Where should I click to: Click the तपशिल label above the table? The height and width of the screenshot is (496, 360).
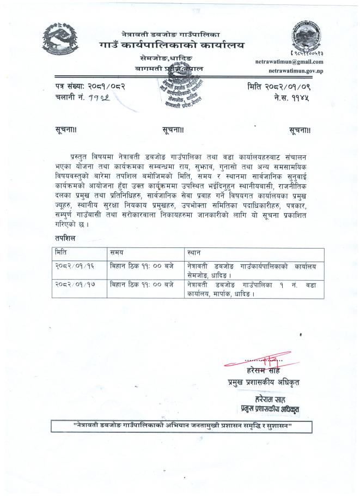pos(65,238)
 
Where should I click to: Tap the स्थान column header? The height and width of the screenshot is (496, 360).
pos(194,253)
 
